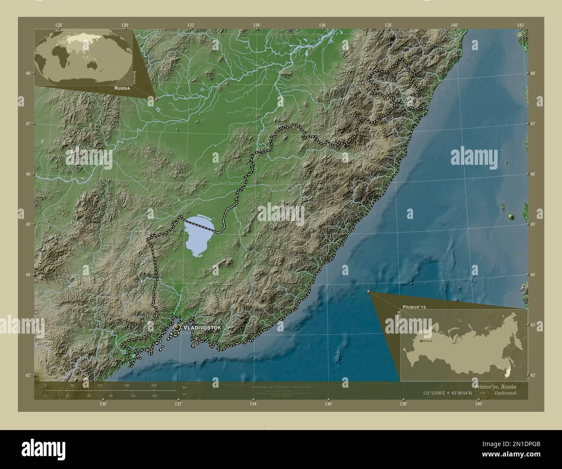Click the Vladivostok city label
point(202,328)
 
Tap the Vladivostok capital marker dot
point(177,328)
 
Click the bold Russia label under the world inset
point(121,87)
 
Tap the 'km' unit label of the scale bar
point(185,387)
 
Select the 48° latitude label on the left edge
point(28,73)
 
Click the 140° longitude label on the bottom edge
point(478,404)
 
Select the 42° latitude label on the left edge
point(28,376)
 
